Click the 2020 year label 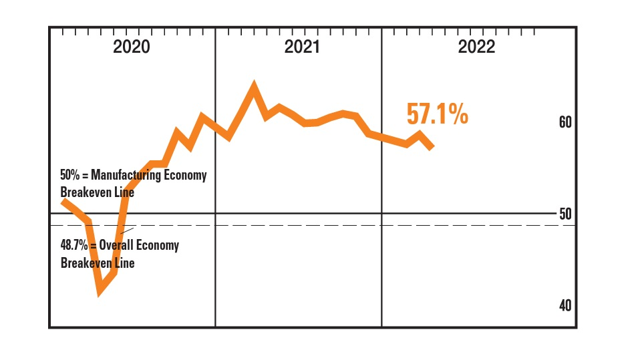132,47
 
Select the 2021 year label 302,47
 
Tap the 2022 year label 476,47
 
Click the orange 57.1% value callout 438,114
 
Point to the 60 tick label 565,123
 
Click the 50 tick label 565,214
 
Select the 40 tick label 565,305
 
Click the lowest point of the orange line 100,291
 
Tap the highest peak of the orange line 254,85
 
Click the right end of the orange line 432,146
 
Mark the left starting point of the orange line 62,200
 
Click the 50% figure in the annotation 71,176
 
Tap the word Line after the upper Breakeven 124,192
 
